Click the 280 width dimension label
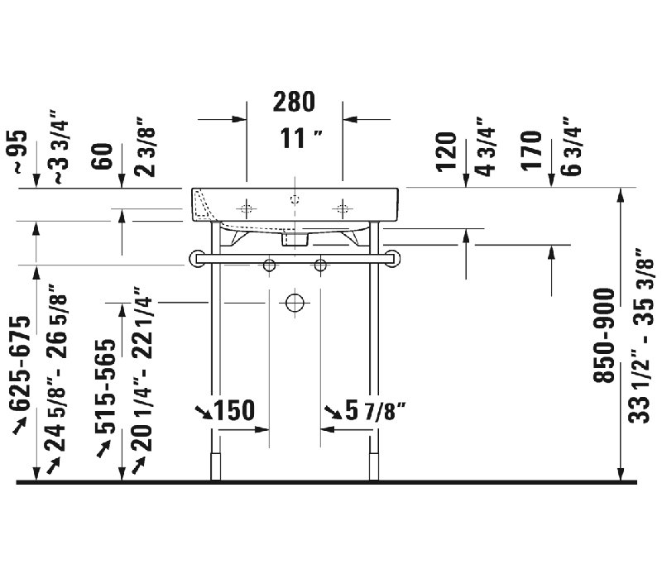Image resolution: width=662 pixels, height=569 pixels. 294,102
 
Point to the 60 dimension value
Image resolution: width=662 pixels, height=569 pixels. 102,156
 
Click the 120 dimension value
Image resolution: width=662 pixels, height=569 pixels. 446,151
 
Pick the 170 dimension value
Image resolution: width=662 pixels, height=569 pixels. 531,151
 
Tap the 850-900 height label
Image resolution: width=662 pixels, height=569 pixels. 604,336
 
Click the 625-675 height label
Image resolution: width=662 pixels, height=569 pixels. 21,362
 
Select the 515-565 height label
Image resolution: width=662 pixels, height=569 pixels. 105,385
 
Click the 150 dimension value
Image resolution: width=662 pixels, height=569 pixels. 235,410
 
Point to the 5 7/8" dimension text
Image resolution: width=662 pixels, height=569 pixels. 376,411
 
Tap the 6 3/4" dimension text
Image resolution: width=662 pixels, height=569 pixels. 572,151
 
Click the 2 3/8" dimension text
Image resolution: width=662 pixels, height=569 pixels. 145,147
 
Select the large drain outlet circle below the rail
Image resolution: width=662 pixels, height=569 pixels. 295,303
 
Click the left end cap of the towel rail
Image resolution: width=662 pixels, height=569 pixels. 196,258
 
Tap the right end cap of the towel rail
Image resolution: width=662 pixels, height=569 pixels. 393,258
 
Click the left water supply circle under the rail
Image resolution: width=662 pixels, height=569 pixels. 269,265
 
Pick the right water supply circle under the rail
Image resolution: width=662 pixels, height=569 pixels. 320,265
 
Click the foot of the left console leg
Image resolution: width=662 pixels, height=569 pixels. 215,466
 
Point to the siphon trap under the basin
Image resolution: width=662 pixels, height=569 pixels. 295,238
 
